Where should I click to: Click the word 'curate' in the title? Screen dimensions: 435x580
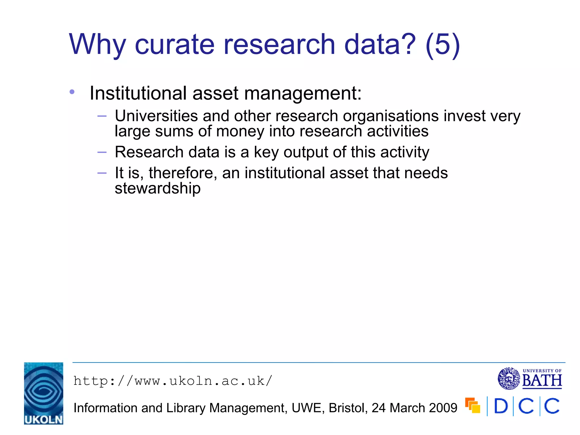[x=174, y=44]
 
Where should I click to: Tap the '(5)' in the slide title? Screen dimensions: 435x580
[x=442, y=44]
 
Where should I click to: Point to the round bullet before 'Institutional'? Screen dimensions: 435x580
[x=72, y=92]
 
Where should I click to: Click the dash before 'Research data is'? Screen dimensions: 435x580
[x=102, y=152]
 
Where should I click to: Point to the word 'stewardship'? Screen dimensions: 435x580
[x=157, y=188]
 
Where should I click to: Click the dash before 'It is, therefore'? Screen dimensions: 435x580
[x=102, y=173]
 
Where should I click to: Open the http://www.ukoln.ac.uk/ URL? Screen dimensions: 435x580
[x=173, y=381]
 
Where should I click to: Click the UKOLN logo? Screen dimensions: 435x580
[x=44, y=393]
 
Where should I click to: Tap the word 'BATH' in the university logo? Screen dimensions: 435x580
[x=542, y=380]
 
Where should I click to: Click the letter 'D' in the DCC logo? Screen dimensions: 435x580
[x=501, y=406]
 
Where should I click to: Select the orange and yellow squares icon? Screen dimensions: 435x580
[x=473, y=406]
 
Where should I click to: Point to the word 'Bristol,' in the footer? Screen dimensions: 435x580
[x=348, y=408]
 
